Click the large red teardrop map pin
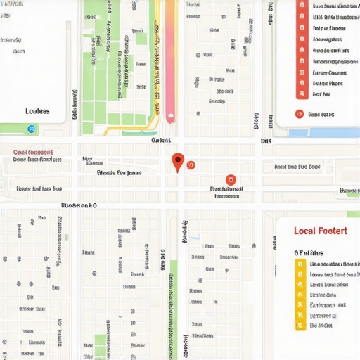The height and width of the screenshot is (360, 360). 178,162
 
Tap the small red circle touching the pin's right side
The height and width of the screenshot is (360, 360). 190,165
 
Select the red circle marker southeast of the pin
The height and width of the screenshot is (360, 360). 229,181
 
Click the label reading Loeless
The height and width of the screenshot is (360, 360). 37,111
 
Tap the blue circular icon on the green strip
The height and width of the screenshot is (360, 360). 30,129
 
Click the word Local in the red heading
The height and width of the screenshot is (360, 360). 306,231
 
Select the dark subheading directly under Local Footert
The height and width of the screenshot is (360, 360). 309,252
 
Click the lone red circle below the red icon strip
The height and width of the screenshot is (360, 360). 300,114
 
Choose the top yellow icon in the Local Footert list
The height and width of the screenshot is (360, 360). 300,265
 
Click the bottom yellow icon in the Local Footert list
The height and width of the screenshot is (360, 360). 300,326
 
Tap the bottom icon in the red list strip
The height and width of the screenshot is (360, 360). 300,94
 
